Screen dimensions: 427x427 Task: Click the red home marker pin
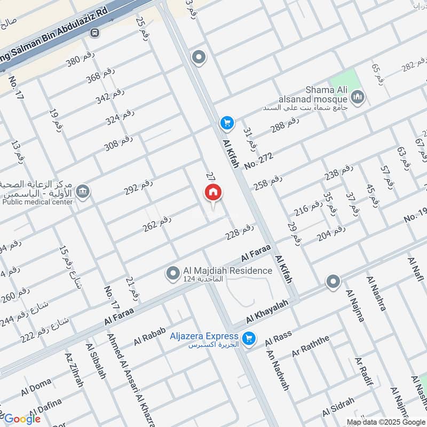tap(213, 193)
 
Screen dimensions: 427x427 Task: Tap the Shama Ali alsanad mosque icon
tap(357, 97)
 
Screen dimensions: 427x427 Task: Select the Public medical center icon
tap(83, 191)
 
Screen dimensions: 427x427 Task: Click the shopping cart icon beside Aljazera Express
tap(248, 338)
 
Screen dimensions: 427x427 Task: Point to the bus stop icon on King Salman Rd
tap(95, 33)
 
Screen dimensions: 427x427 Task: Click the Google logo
tap(22, 419)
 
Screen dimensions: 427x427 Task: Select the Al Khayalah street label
tap(267, 311)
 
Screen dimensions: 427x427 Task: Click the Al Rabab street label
tap(148, 336)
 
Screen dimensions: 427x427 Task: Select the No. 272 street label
tap(259, 161)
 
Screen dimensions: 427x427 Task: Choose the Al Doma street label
tap(36, 386)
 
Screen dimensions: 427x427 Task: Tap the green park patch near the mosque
tap(342, 80)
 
